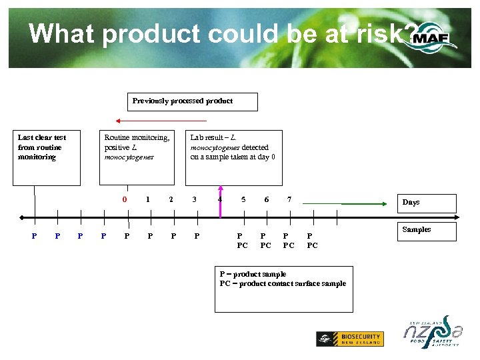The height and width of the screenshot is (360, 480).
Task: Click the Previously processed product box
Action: (193, 102)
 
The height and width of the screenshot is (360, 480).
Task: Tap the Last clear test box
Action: (49, 158)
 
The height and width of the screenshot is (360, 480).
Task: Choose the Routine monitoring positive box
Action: (137, 158)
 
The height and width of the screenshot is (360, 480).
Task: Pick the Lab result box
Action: (229, 158)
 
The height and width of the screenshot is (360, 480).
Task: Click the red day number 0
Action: (125, 199)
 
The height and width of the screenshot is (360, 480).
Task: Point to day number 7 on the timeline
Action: (288, 199)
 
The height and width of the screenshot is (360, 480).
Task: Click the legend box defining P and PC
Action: (283, 288)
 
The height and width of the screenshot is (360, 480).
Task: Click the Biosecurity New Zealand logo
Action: (349, 339)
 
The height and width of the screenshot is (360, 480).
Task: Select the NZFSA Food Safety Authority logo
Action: (431, 332)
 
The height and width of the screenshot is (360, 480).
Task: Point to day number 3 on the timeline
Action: (195, 199)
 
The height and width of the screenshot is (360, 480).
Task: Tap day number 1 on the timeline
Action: (147, 199)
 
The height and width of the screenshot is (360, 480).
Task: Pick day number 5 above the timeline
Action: (243, 199)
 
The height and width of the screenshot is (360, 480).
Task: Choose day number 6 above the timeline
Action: (266, 199)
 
